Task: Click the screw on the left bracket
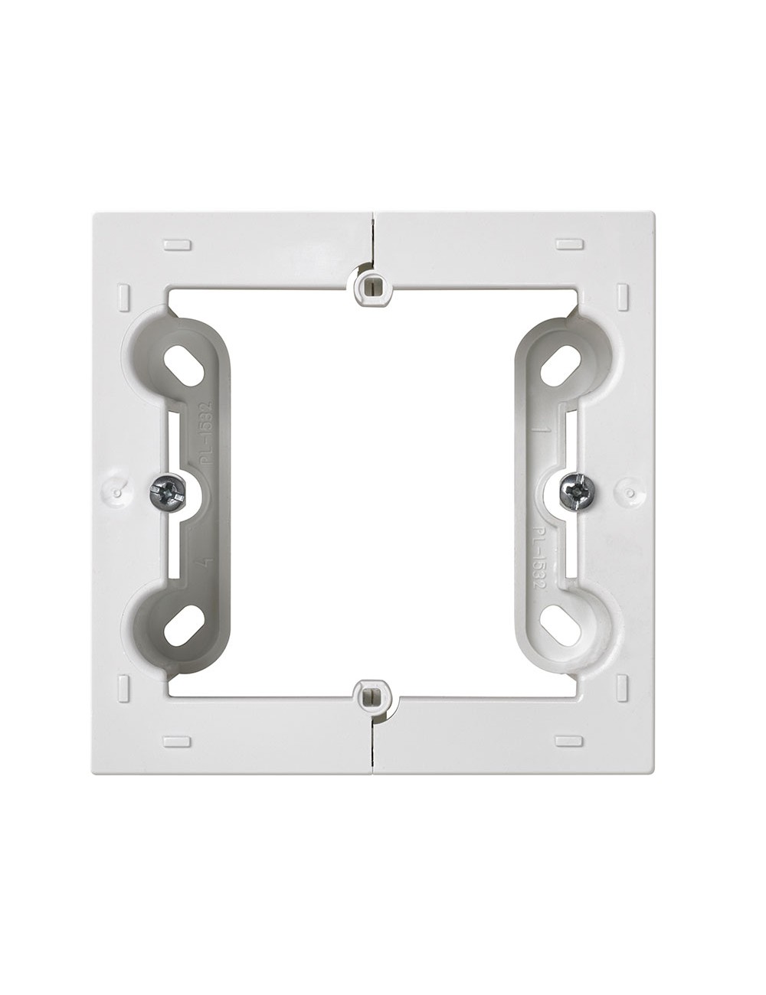click(168, 492)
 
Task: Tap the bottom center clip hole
click(372, 696)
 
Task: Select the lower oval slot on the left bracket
click(185, 625)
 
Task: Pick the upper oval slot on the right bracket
click(560, 366)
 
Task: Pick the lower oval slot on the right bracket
click(560, 624)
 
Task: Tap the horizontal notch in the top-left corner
click(177, 245)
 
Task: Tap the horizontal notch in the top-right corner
click(569, 244)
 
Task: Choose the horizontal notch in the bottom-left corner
click(177, 741)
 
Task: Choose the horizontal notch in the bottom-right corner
click(569, 741)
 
